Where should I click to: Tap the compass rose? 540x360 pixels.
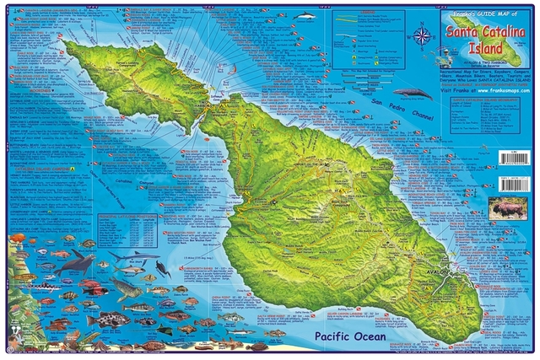coord(421,36)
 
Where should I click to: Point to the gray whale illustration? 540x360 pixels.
coord(411,94)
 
